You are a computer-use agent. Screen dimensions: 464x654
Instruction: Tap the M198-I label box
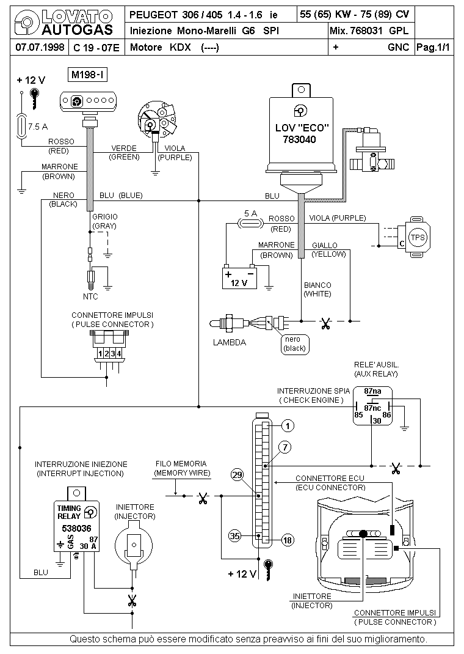[87, 75]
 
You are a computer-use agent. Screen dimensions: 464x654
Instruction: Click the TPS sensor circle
[418, 237]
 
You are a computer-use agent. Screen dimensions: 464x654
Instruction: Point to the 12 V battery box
[239, 278]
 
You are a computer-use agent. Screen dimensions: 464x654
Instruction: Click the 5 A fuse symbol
[250, 224]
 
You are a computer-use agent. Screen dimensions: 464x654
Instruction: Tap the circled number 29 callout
[237, 475]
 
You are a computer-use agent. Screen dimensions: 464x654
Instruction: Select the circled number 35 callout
[235, 535]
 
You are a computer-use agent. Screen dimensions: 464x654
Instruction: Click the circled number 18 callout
[288, 540]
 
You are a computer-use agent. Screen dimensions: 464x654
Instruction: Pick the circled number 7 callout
[285, 447]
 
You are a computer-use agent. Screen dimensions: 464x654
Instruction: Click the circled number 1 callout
[288, 426]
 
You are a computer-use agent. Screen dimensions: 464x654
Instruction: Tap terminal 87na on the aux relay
[372, 391]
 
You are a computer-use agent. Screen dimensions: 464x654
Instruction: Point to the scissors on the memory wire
[203, 498]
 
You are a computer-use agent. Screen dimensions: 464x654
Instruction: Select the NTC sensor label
[90, 296]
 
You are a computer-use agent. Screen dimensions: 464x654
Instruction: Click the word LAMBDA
[230, 342]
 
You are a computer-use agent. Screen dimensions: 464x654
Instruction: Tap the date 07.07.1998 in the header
[40, 46]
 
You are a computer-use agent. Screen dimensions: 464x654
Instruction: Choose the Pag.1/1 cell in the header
[433, 47]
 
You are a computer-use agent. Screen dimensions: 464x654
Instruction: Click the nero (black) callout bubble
[294, 344]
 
